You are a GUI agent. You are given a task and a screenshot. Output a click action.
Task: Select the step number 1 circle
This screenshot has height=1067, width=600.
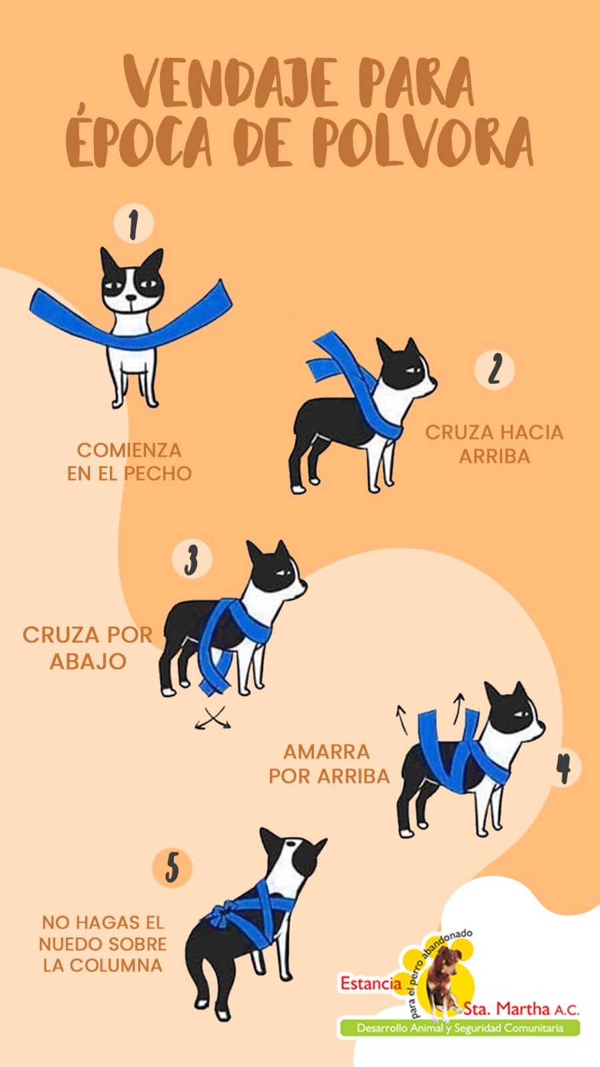(x=133, y=224)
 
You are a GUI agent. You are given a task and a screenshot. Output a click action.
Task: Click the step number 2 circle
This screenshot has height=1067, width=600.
(x=494, y=369)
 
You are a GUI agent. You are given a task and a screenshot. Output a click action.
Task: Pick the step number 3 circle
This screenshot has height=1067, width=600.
(x=192, y=559)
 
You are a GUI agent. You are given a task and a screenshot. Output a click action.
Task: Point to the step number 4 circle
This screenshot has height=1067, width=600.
(x=564, y=768)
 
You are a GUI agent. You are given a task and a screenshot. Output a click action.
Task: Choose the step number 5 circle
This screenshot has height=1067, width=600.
(x=172, y=868)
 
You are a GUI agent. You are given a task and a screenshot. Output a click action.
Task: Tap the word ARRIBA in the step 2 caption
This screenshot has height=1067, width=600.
(x=494, y=457)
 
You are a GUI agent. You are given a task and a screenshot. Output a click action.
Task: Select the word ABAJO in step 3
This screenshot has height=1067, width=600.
(x=88, y=662)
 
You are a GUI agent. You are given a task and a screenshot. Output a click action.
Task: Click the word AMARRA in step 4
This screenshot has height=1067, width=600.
(x=327, y=752)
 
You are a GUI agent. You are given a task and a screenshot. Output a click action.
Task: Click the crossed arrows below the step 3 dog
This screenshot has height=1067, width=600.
(x=213, y=718)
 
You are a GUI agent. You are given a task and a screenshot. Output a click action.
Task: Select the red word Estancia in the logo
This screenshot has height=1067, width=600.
(x=371, y=983)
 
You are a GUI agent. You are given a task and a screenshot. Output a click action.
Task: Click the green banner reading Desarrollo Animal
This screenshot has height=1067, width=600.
(x=459, y=1028)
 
